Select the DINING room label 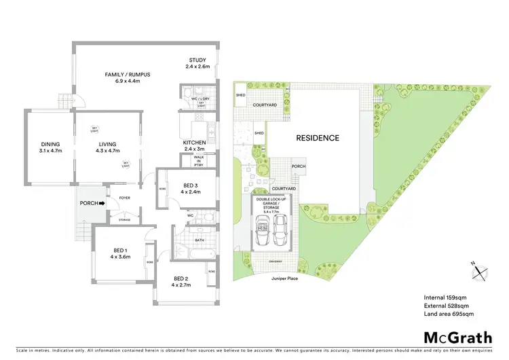[x=50, y=144]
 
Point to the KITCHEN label [x=194, y=142]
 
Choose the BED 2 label [x=180, y=278]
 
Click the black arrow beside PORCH [x=102, y=202]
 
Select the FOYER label [x=124, y=198]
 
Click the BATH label [x=199, y=240]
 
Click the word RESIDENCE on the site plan [x=317, y=138]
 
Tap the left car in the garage [x=261, y=233]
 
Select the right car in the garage [x=281, y=233]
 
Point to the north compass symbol [x=480, y=270]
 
